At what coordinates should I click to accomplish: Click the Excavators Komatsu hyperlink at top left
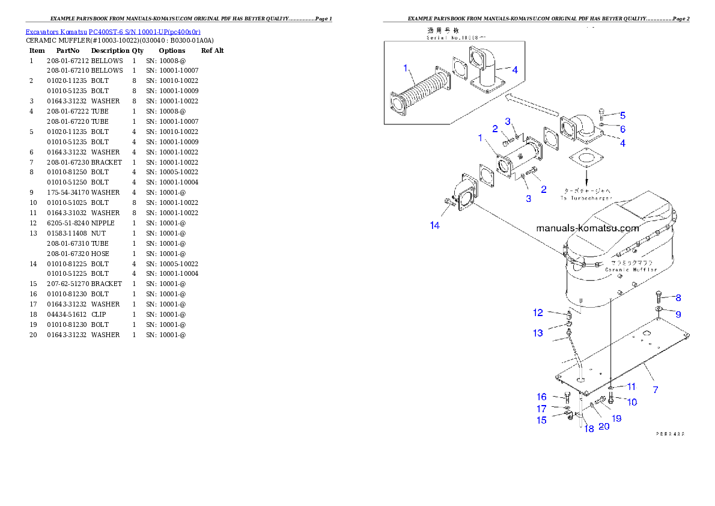pyautogui.click(x=113, y=31)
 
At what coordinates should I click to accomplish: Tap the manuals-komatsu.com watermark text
pyautogui.click(x=587, y=228)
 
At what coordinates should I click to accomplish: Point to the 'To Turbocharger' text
pyautogui.click(x=586, y=198)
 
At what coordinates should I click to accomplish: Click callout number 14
pyautogui.click(x=434, y=225)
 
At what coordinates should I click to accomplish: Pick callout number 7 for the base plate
pyautogui.click(x=655, y=389)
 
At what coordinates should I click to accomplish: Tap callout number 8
pyautogui.click(x=678, y=297)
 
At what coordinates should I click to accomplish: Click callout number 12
pyautogui.click(x=538, y=312)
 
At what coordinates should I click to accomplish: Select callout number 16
pyautogui.click(x=541, y=397)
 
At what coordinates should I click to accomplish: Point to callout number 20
pyautogui.click(x=603, y=426)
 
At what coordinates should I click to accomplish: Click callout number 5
pyautogui.click(x=622, y=115)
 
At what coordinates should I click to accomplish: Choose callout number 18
pyautogui.click(x=589, y=428)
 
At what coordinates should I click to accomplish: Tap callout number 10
pyautogui.click(x=631, y=401)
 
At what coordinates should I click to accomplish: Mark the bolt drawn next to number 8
pyautogui.click(x=660, y=296)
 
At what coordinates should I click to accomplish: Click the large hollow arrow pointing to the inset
pyautogui.click(x=532, y=106)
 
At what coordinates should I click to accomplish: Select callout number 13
pyautogui.click(x=537, y=332)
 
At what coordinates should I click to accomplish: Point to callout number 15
pyautogui.click(x=541, y=420)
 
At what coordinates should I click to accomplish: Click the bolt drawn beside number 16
pyautogui.click(x=567, y=397)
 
